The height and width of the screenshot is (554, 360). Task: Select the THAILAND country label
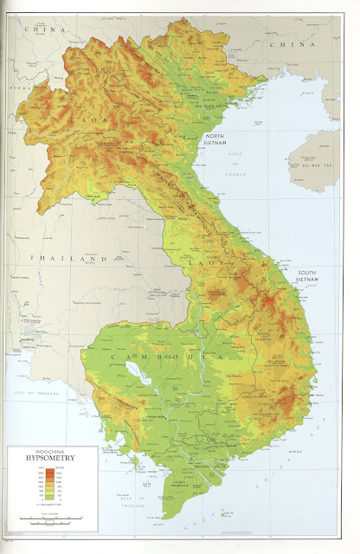pyautogui.click(x=53, y=258)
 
